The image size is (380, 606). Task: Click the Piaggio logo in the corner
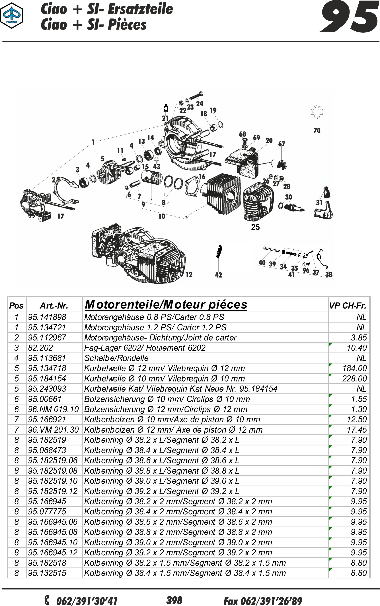[12, 16]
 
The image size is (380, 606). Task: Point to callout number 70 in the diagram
[317, 130]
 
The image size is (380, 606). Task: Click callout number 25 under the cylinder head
[255, 227]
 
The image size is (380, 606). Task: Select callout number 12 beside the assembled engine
[189, 275]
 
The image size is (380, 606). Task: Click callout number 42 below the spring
[218, 275]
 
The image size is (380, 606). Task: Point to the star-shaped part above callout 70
[317, 111]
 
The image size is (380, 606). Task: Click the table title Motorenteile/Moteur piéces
[166, 305]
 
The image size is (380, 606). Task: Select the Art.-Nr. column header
[54, 305]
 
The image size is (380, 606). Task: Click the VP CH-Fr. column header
[348, 305]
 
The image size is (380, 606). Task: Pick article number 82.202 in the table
[40, 348]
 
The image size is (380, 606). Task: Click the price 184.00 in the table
[354, 368]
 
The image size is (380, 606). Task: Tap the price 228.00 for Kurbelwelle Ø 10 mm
[354, 378]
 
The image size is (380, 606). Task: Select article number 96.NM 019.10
[53, 409]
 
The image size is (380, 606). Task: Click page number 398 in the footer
[174, 600]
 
